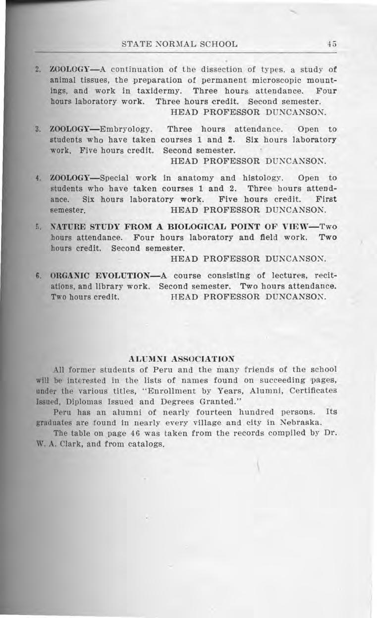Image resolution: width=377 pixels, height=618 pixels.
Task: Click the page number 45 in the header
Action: point(332,44)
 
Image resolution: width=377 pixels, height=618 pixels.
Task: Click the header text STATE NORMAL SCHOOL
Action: point(179,44)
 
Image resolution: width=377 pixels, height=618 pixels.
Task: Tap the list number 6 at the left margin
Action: point(38,275)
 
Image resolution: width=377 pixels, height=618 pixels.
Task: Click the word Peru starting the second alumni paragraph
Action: point(62,412)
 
